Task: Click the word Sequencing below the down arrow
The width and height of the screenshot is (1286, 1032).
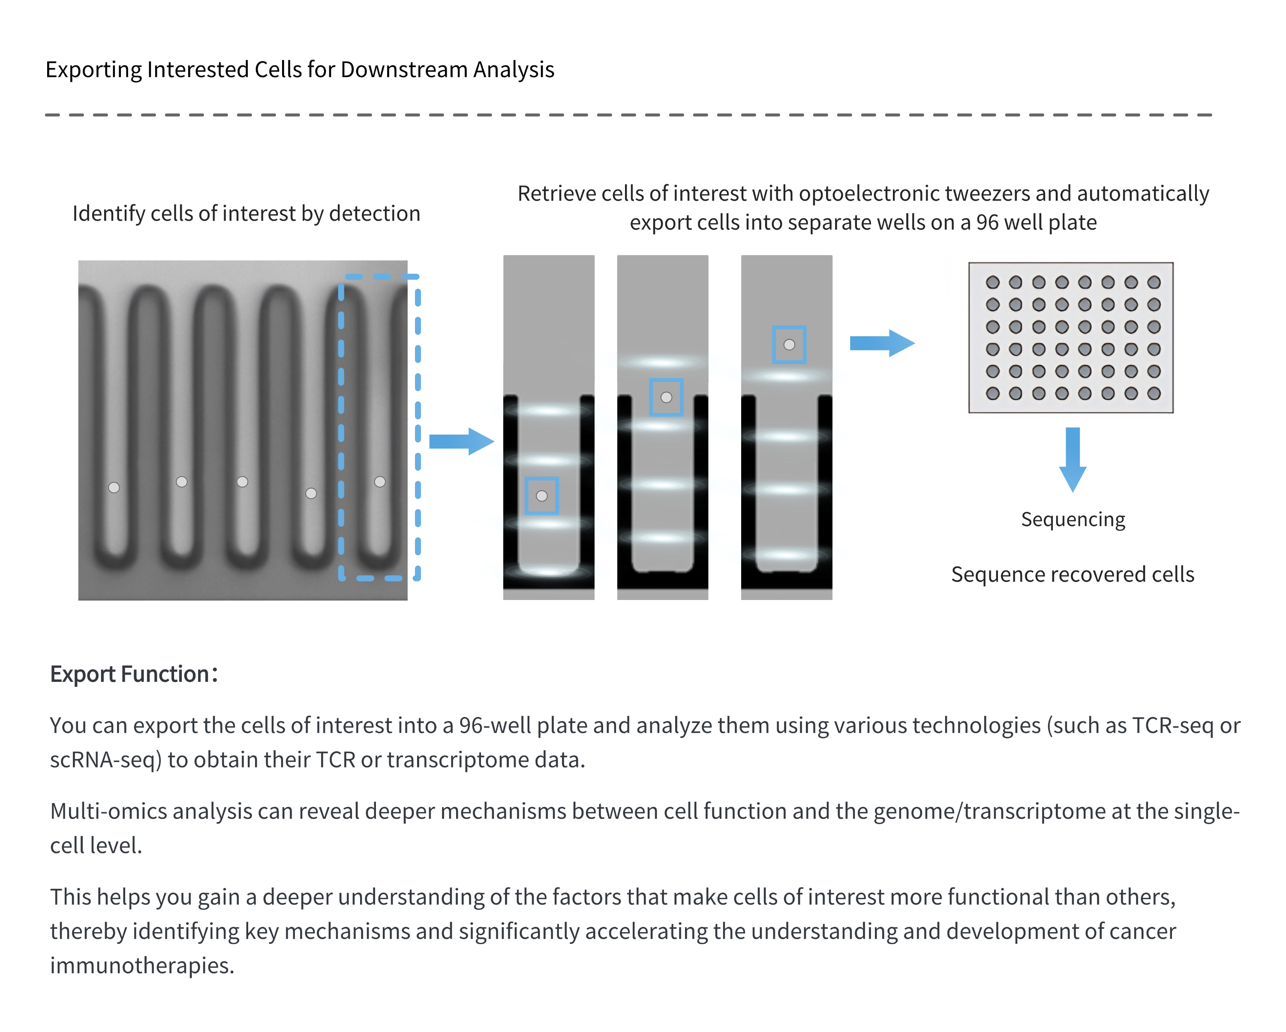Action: pyautogui.click(x=1073, y=519)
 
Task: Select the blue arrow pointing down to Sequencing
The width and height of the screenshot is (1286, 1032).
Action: pyautogui.click(x=1073, y=459)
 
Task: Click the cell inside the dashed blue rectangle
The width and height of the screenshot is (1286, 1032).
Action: pyautogui.click(x=379, y=482)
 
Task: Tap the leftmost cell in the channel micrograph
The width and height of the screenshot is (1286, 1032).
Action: pyautogui.click(x=114, y=488)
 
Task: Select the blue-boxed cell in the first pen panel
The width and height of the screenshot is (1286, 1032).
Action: pyautogui.click(x=541, y=496)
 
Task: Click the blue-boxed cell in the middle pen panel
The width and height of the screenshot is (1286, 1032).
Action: pyautogui.click(x=666, y=397)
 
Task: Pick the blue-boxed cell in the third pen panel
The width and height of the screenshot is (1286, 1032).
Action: pyautogui.click(x=789, y=345)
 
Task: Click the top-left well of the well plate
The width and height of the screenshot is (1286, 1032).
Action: pyautogui.click(x=992, y=282)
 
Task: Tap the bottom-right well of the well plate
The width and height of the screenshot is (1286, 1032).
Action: pyautogui.click(x=1154, y=393)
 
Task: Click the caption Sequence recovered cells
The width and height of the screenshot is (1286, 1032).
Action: pyautogui.click(x=1073, y=574)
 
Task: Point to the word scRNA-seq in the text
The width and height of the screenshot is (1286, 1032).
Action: pyautogui.click(x=105, y=760)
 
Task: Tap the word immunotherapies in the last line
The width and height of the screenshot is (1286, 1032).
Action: pyautogui.click(x=141, y=966)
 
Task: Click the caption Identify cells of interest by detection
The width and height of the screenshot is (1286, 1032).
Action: pyautogui.click(x=246, y=213)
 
